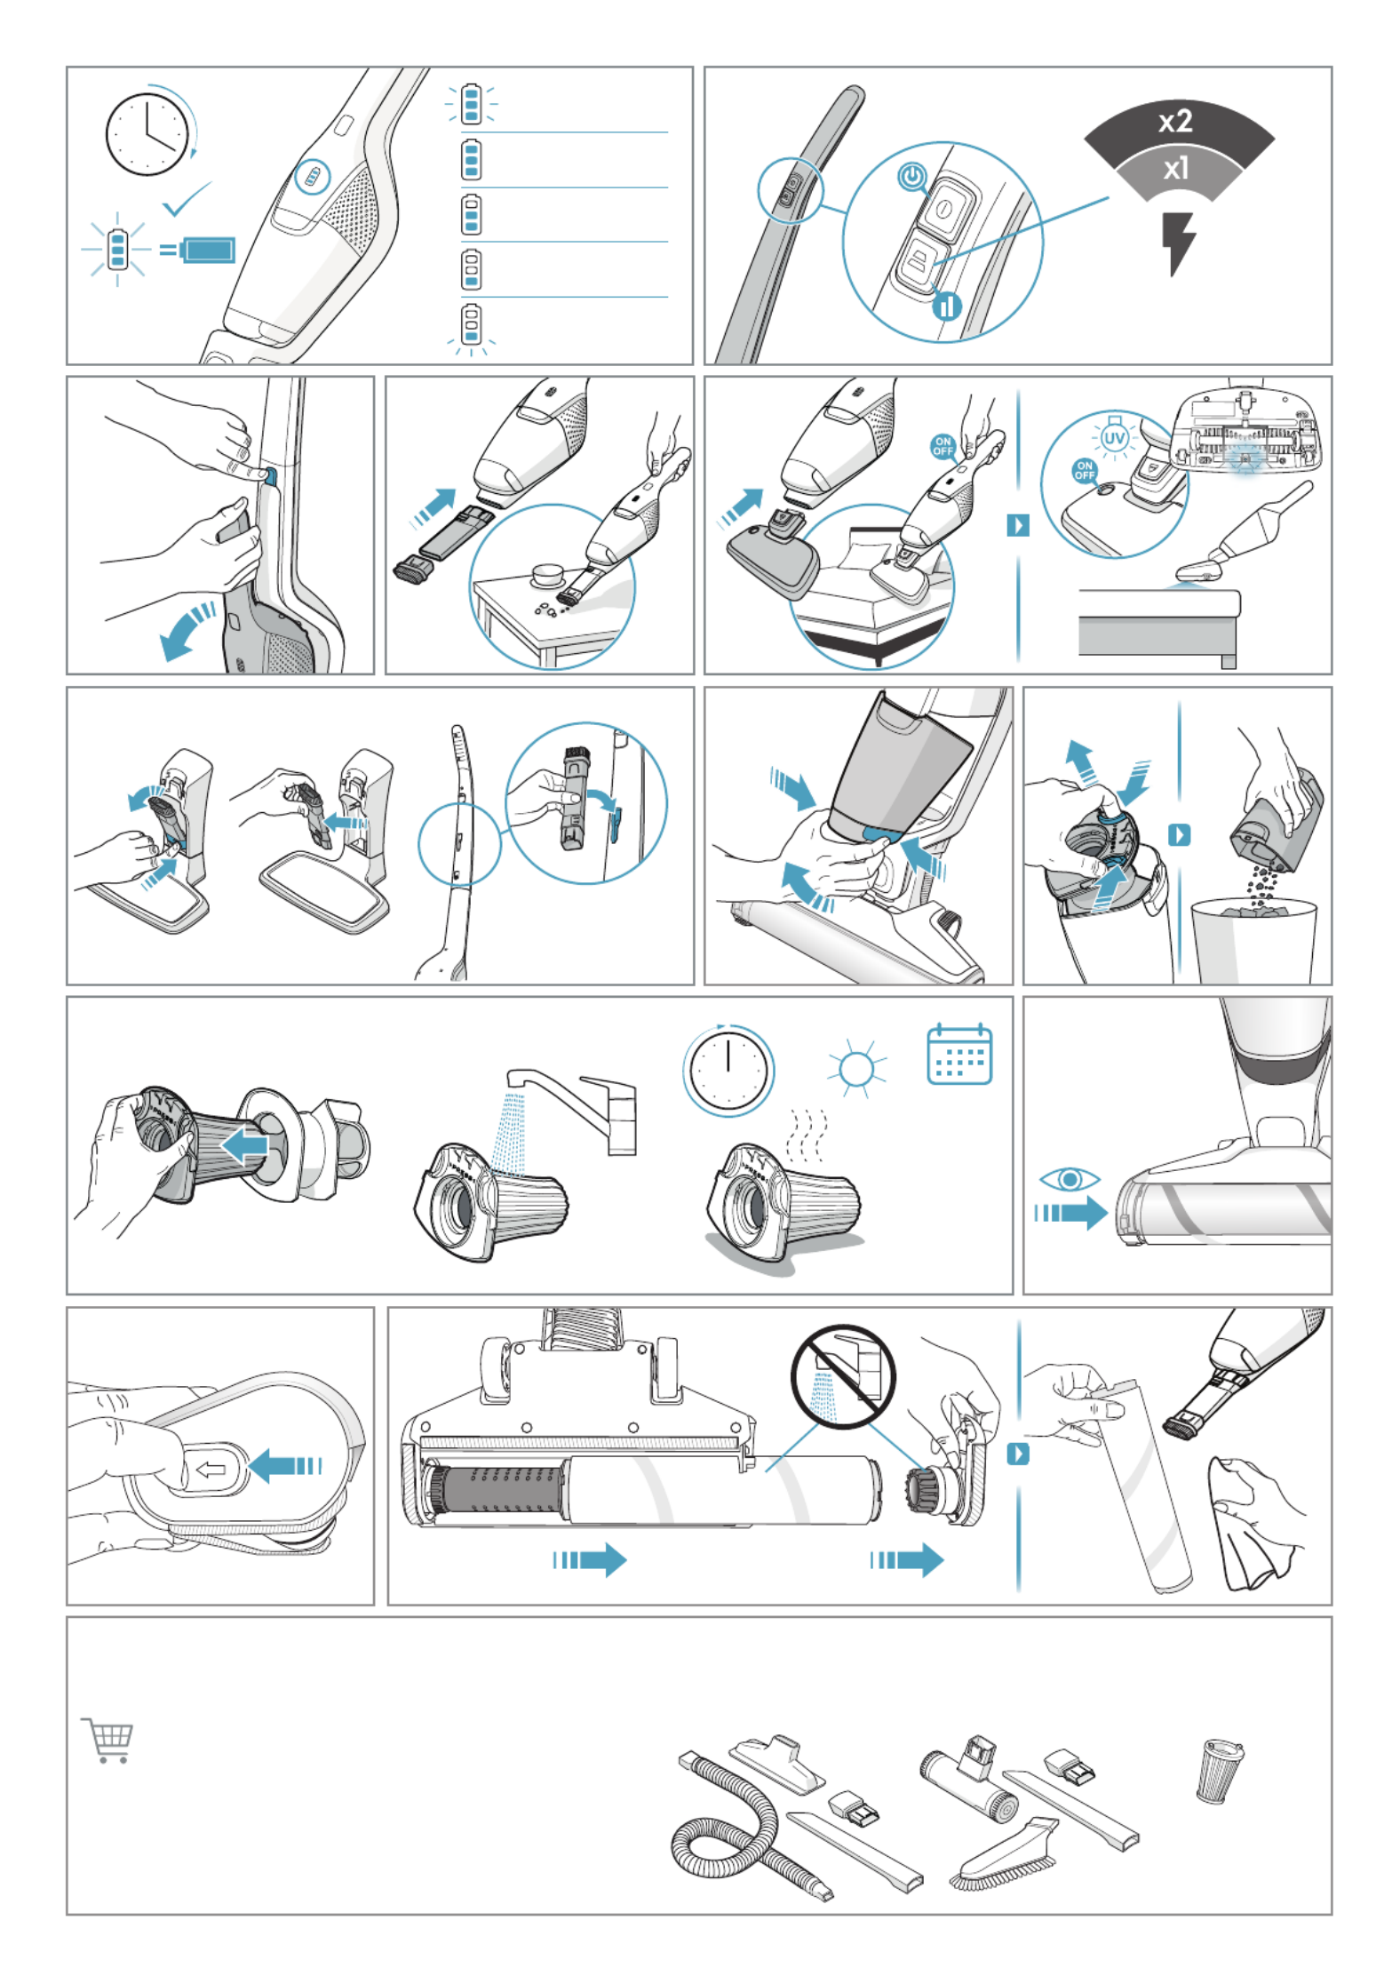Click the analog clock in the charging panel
point(147,134)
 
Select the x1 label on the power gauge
point(1175,168)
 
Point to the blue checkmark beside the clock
point(187,199)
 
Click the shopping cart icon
point(108,1740)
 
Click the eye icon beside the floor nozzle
point(1070,1179)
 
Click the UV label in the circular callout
point(1114,438)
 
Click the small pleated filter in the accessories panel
point(1220,1771)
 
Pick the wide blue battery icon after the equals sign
point(208,250)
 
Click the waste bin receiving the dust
point(1253,940)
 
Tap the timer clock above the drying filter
point(728,1070)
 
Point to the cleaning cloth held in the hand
point(1253,1525)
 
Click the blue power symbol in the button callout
point(911,176)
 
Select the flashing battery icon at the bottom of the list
point(472,325)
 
